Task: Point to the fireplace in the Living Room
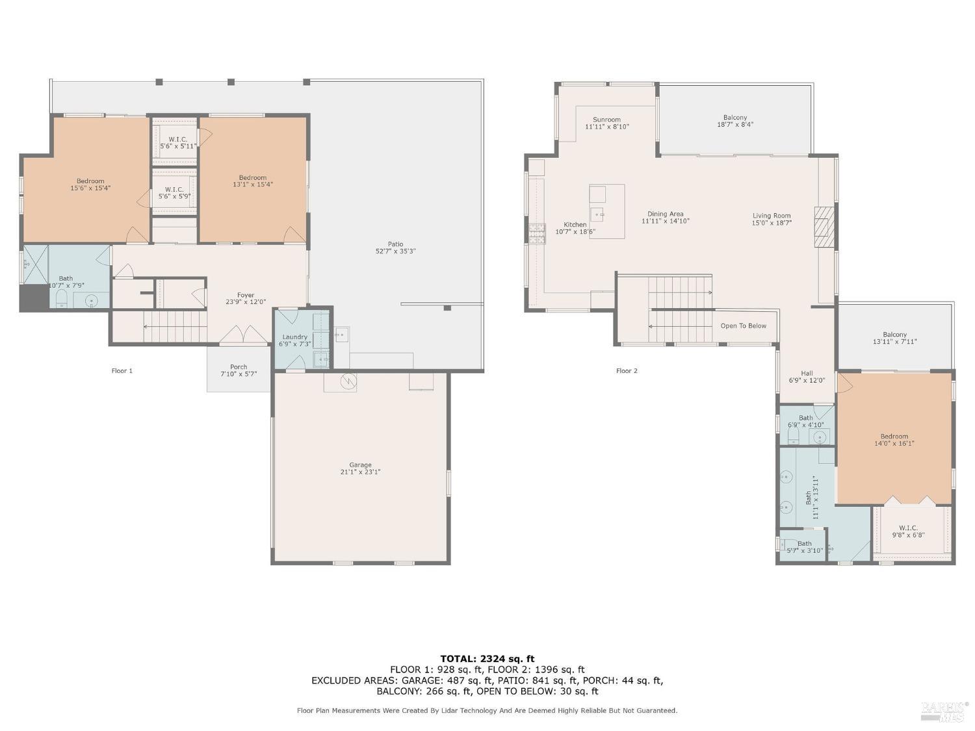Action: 824,227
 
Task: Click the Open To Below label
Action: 743,326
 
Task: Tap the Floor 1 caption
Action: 122,370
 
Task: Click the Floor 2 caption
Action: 627,370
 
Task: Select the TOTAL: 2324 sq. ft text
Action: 487,659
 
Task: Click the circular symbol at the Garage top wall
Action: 348,380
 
